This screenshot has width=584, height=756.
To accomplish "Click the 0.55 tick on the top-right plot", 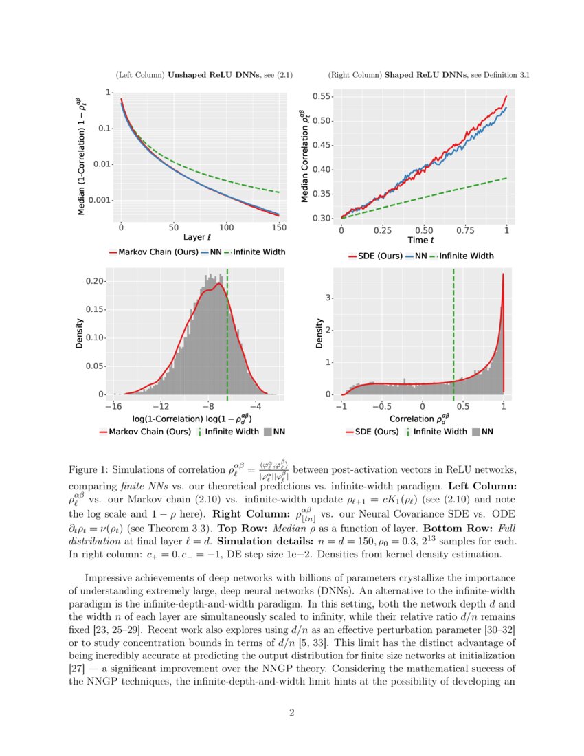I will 321,97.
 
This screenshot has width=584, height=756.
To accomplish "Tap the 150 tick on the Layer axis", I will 279,227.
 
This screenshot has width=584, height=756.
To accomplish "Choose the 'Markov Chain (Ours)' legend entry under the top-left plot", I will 153,252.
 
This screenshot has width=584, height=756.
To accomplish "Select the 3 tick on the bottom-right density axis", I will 329,298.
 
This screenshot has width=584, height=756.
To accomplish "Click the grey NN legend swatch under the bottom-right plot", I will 474,432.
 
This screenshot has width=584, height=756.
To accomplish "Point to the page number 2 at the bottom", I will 292,713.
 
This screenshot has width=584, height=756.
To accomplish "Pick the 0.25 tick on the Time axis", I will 383,230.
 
